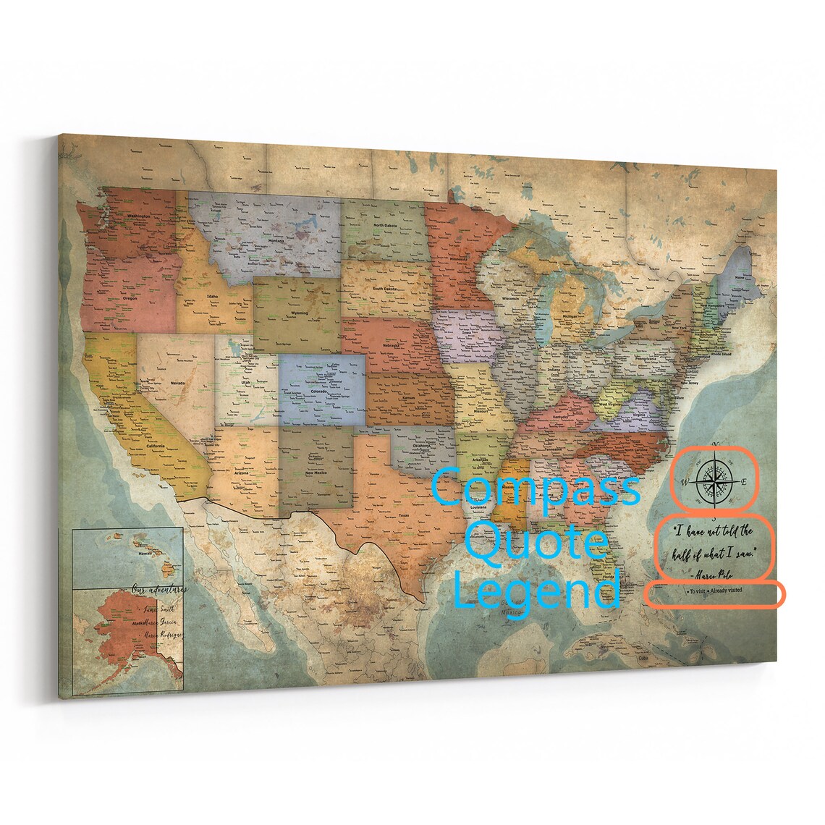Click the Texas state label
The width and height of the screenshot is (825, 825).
coord(404,515)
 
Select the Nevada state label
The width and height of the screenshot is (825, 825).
coord(177,383)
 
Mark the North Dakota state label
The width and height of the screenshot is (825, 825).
coord(385,225)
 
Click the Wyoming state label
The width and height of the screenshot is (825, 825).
coord(299,313)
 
